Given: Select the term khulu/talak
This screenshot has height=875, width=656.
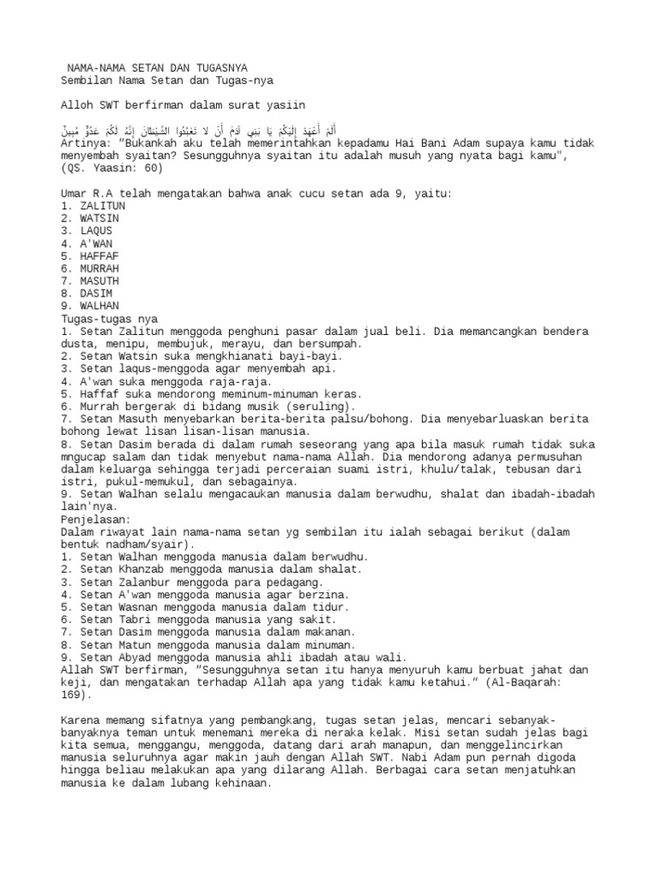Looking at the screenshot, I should pos(483,468).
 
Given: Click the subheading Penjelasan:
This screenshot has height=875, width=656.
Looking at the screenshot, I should pos(96,519).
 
